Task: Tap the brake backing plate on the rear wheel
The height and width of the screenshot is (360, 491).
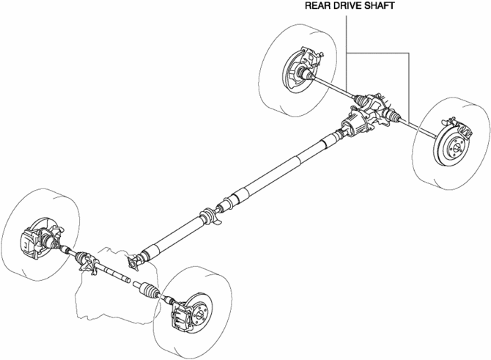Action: click(x=293, y=66)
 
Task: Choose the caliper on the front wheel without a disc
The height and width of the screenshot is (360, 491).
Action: click(x=32, y=238)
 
